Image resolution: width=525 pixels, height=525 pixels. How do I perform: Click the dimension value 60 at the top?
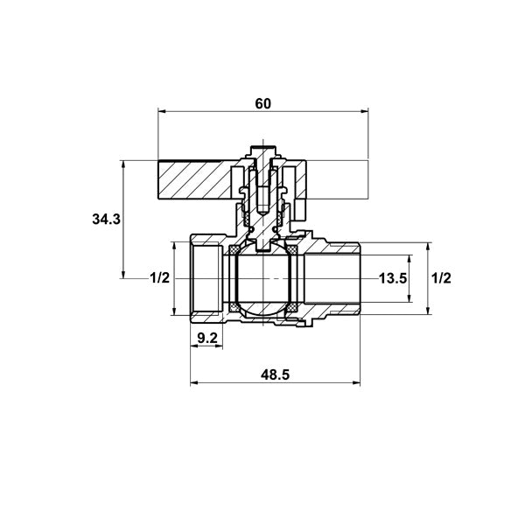pyautogui.click(x=262, y=104)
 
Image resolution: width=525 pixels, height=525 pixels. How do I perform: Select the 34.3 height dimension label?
pyautogui.click(x=106, y=220)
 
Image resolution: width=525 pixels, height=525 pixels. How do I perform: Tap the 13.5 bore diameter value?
pyautogui.click(x=393, y=278)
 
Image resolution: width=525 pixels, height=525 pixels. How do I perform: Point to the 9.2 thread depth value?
pyautogui.click(x=206, y=338)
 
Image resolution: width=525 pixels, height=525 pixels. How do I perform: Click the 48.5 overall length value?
pyautogui.click(x=276, y=375)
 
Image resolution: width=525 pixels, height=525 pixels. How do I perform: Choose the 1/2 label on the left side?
pyautogui.click(x=160, y=278)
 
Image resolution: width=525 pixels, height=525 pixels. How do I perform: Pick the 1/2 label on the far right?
pyautogui.click(x=441, y=278)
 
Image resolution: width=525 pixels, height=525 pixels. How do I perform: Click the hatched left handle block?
pyautogui.click(x=194, y=180)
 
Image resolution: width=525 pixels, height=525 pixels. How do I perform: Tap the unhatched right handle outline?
pyautogui.click(x=337, y=179)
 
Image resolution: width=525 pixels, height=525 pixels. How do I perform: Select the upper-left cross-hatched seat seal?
pyautogui.click(x=234, y=249)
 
